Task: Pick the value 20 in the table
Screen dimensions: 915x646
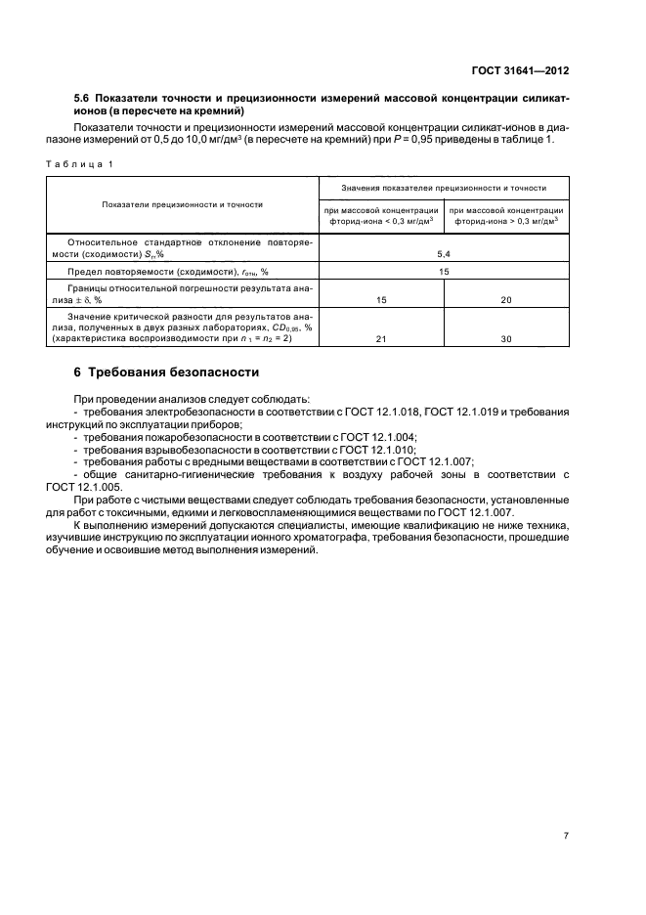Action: click(x=506, y=300)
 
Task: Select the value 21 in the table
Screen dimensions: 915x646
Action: click(x=382, y=338)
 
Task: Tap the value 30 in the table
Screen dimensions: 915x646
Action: click(x=506, y=338)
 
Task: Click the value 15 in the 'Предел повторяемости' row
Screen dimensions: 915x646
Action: click(x=445, y=271)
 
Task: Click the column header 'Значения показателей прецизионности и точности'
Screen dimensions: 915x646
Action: click(x=444, y=187)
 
